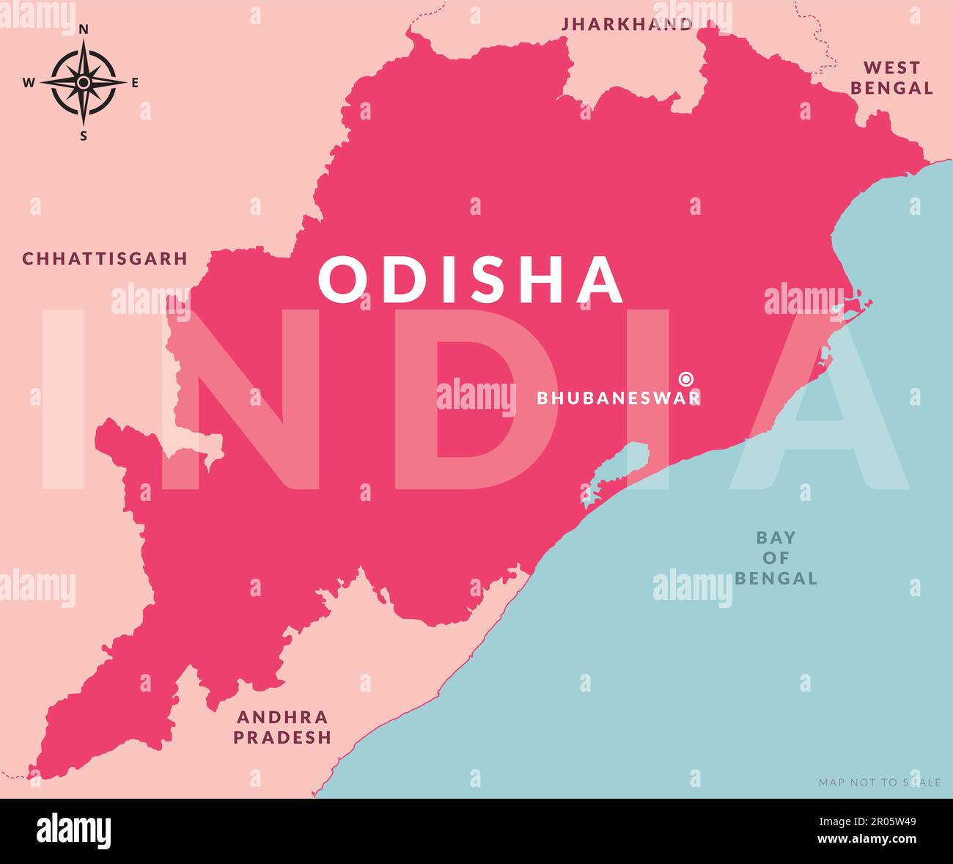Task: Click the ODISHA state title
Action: (471, 279)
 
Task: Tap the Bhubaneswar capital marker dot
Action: (686, 378)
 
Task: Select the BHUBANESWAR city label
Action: (618, 398)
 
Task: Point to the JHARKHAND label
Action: (627, 24)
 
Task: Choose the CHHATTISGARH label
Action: (105, 259)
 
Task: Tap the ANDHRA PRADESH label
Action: (282, 727)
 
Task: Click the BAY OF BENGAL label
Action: (776, 558)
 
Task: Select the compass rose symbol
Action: (84, 82)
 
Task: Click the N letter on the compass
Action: (84, 29)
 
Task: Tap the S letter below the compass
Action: (84, 136)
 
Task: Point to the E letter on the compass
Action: (135, 83)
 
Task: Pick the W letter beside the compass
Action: (29, 83)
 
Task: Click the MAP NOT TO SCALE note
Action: (879, 783)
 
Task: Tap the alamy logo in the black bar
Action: (74, 831)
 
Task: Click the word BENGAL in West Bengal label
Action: (891, 88)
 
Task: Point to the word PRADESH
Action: (282, 737)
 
